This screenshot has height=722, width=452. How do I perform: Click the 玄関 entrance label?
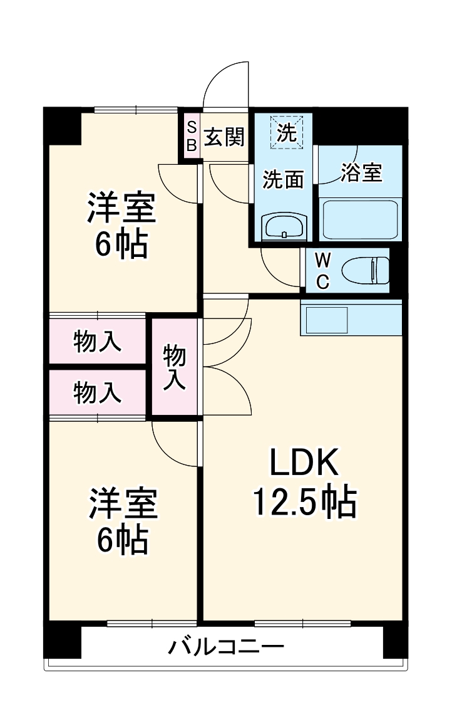point(224,137)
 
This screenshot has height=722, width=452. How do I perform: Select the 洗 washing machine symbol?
point(286,132)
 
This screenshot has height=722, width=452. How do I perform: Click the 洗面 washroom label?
point(283,180)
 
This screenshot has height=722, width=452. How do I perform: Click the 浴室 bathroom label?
point(361,172)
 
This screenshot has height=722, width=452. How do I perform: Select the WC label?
point(322,271)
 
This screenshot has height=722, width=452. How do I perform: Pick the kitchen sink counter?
point(351,318)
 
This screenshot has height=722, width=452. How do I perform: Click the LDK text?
point(304,464)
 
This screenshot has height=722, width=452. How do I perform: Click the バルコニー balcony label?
point(226,646)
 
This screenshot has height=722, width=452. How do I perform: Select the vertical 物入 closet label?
point(175,368)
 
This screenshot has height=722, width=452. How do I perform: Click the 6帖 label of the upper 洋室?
point(121,245)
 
